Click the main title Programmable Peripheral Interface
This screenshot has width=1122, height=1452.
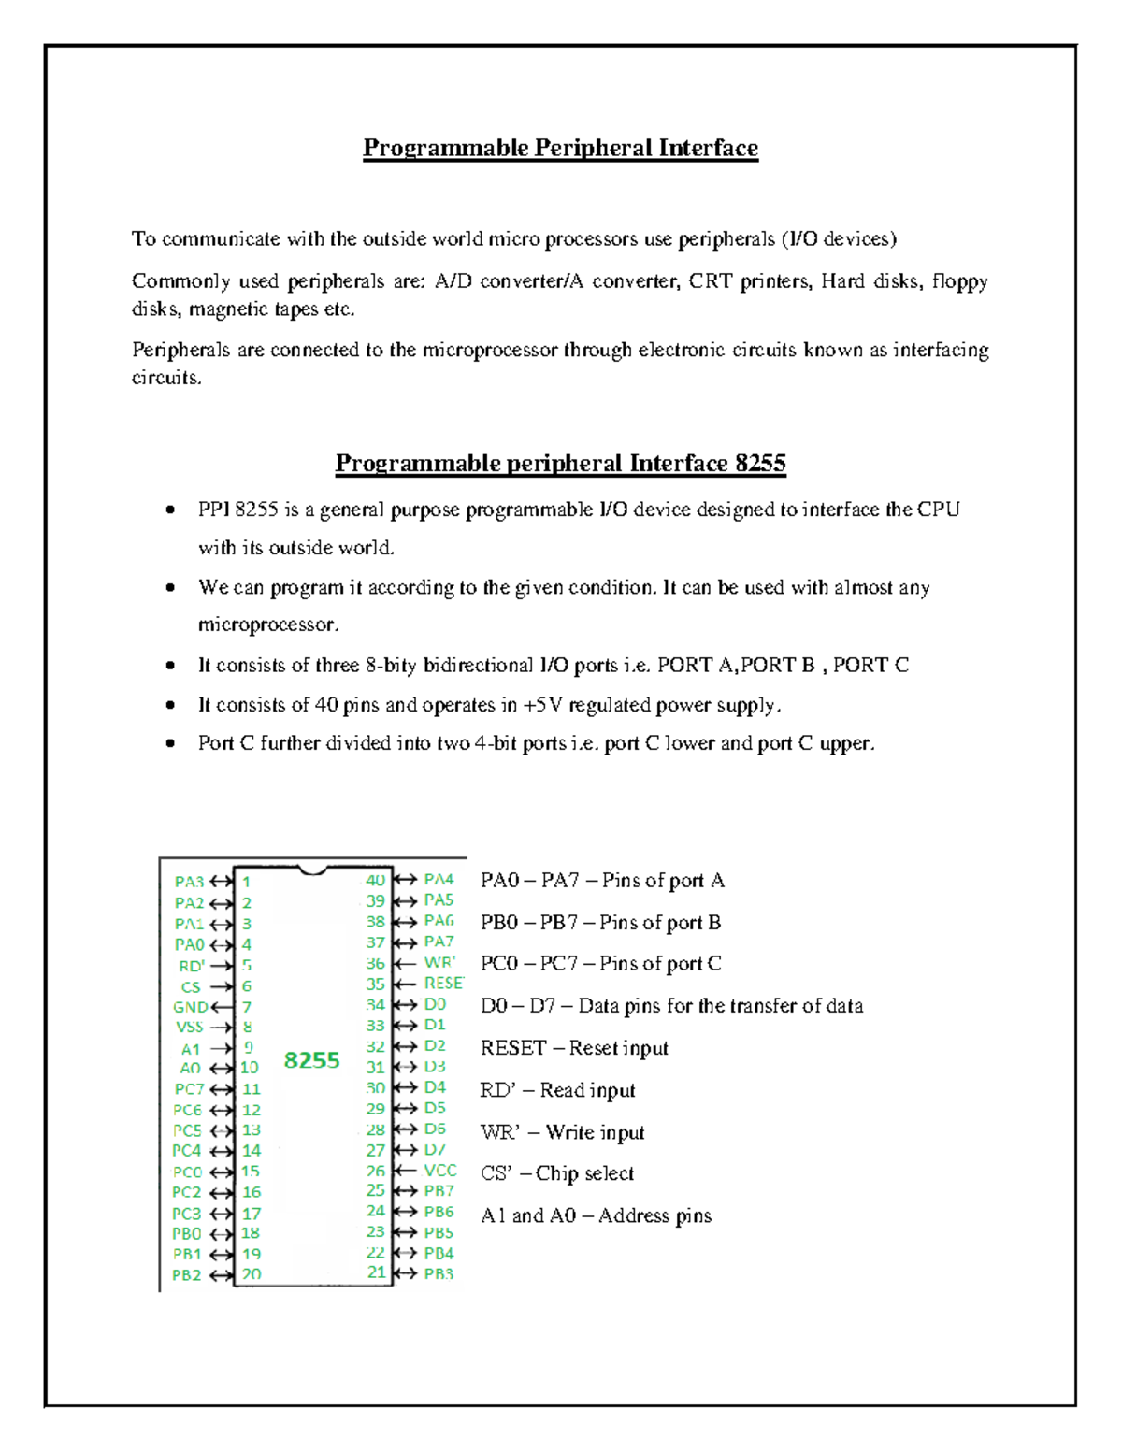click(x=560, y=148)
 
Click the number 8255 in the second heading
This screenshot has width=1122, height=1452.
click(x=759, y=464)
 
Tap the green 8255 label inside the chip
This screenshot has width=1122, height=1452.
click(x=311, y=1059)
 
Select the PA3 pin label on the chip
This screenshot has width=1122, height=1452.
click(x=189, y=882)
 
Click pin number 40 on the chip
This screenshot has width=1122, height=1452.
click(x=375, y=880)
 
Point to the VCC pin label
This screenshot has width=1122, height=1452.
click(x=439, y=1171)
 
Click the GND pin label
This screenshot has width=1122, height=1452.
click(x=190, y=1007)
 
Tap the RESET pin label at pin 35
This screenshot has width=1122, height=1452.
click(x=443, y=984)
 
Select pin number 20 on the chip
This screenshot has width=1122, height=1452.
click(x=252, y=1274)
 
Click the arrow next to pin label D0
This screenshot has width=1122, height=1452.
click(x=405, y=1005)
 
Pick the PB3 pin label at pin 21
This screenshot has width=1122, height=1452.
click(x=439, y=1273)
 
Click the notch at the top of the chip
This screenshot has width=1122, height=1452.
click(x=312, y=870)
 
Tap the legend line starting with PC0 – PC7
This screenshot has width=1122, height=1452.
click(x=600, y=964)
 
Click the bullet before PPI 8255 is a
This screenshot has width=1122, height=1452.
click(x=170, y=510)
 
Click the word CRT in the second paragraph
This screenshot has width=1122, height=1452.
click(x=711, y=281)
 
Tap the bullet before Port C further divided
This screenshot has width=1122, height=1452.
click(x=170, y=744)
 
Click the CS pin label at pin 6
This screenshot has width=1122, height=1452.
click(x=191, y=986)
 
